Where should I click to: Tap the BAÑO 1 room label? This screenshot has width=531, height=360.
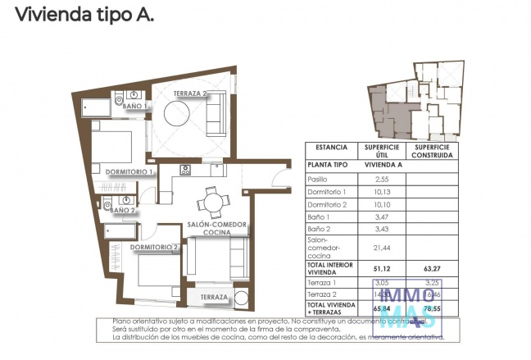click(x=134, y=106)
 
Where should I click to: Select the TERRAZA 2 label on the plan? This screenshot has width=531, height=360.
click(x=189, y=94)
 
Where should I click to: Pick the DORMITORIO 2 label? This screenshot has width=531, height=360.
click(x=154, y=247)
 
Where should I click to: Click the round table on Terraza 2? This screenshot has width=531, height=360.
click(x=179, y=116)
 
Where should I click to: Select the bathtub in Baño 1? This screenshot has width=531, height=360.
click(x=98, y=106)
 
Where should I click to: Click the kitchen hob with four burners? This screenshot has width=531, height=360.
click(x=185, y=171)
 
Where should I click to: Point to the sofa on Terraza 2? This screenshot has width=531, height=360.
click(x=216, y=115)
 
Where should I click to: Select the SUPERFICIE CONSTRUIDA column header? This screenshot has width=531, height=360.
click(x=432, y=151)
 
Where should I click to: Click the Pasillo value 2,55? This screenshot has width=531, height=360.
click(x=381, y=178)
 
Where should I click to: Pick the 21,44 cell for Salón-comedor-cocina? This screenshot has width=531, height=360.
click(x=381, y=247)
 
